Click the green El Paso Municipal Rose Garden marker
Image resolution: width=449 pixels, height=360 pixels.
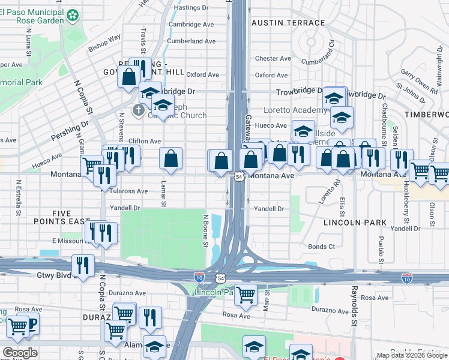point(73,14)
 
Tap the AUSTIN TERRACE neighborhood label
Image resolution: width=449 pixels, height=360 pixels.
point(288,23)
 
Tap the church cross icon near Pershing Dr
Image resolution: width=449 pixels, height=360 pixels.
point(138,110)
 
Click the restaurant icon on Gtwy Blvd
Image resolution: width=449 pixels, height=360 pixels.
point(83,265)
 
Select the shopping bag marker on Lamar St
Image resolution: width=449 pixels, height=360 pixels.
point(171,159)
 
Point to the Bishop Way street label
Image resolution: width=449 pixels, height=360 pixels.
point(104,41)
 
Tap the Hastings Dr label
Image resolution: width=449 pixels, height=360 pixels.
point(190,8)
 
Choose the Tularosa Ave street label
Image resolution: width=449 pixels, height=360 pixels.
point(128,191)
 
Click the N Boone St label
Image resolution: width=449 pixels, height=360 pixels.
point(205,231)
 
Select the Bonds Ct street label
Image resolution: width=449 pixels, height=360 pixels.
point(321,247)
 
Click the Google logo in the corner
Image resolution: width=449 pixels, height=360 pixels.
point(20,353)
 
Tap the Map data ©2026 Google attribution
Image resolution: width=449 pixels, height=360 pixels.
point(412,355)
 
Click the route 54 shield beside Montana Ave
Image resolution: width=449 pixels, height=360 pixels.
point(239,177)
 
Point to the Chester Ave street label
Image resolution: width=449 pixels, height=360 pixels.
point(273,59)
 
